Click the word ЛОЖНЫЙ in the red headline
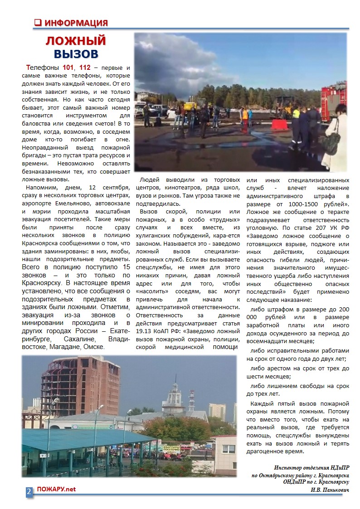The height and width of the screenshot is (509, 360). [x=76, y=41]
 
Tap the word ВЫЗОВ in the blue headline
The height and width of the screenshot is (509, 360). [x=76, y=54]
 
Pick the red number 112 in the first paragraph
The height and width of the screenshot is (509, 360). [x=85, y=68]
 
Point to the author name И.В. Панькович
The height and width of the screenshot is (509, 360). [x=330, y=490]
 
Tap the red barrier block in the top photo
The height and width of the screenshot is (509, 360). [x=278, y=125]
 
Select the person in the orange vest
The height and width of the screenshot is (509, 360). [x=245, y=115]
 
